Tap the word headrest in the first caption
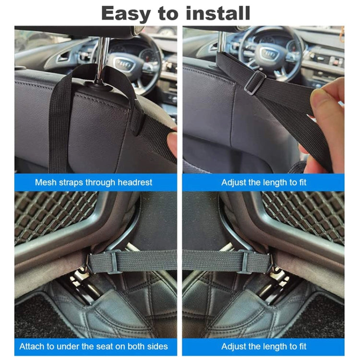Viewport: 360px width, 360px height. [x=132, y=182]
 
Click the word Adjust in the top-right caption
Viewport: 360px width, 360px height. [x=234, y=182]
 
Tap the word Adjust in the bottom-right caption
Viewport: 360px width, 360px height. [x=234, y=346]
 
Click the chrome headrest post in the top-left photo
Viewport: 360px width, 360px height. [x=102, y=53]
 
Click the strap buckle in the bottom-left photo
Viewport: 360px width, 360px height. [x=113, y=262]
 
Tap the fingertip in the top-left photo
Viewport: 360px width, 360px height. [x=172, y=143]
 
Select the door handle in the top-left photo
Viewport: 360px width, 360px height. [x=63, y=57]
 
